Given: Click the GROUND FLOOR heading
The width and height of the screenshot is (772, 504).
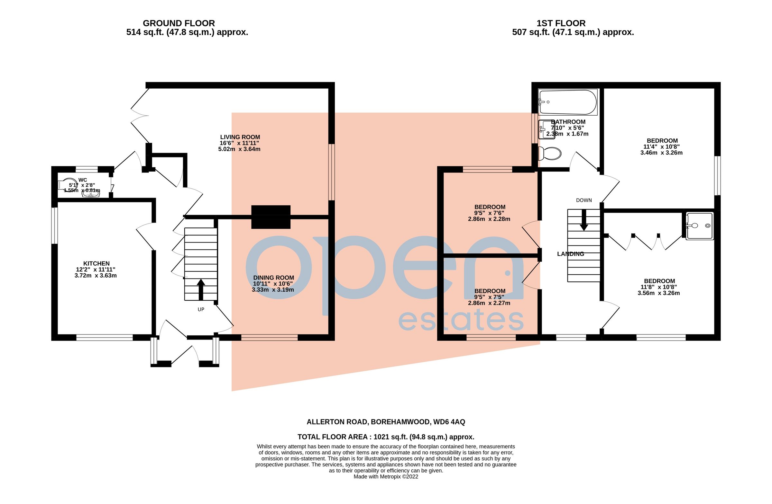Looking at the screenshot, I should point(179,23).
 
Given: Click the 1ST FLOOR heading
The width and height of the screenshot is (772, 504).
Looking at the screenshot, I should point(561,23).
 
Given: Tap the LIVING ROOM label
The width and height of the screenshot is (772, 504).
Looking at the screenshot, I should point(240,137).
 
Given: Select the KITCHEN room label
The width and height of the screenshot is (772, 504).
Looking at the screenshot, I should point(96,264).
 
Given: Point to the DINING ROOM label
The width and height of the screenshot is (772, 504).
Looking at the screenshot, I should point(273,278).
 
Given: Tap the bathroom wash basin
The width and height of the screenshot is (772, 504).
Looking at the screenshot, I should point(546,129).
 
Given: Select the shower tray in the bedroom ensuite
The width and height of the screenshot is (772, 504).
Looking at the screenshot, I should point(700,226).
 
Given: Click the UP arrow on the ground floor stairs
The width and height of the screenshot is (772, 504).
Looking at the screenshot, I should point(201,289).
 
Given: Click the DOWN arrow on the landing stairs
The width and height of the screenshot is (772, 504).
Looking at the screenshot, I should point(584,220).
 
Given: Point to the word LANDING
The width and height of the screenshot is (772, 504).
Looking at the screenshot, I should point(570,254).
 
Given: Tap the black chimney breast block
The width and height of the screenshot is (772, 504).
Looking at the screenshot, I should point(271,217).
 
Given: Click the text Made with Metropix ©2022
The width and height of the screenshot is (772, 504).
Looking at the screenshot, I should point(386,477).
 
